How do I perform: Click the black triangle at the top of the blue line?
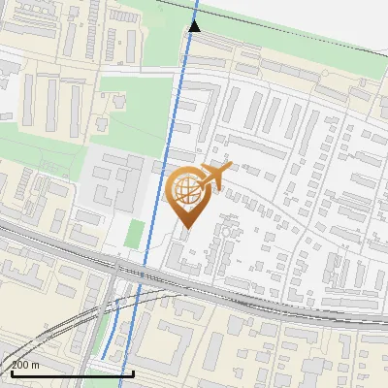[x=195, y=25]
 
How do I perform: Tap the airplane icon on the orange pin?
[x=215, y=176]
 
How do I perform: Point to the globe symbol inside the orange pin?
[x=185, y=190]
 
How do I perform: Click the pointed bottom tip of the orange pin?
[x=187, y=227]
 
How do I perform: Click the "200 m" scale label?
[x=27, y=365]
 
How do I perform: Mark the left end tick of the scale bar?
[x=12, y=370]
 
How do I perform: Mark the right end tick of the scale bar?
[x=132, y=370]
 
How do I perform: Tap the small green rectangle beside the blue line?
[x=136, y=234]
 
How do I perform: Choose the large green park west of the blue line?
[x=136, y=107]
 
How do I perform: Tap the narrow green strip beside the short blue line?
[x=100, y=335]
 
